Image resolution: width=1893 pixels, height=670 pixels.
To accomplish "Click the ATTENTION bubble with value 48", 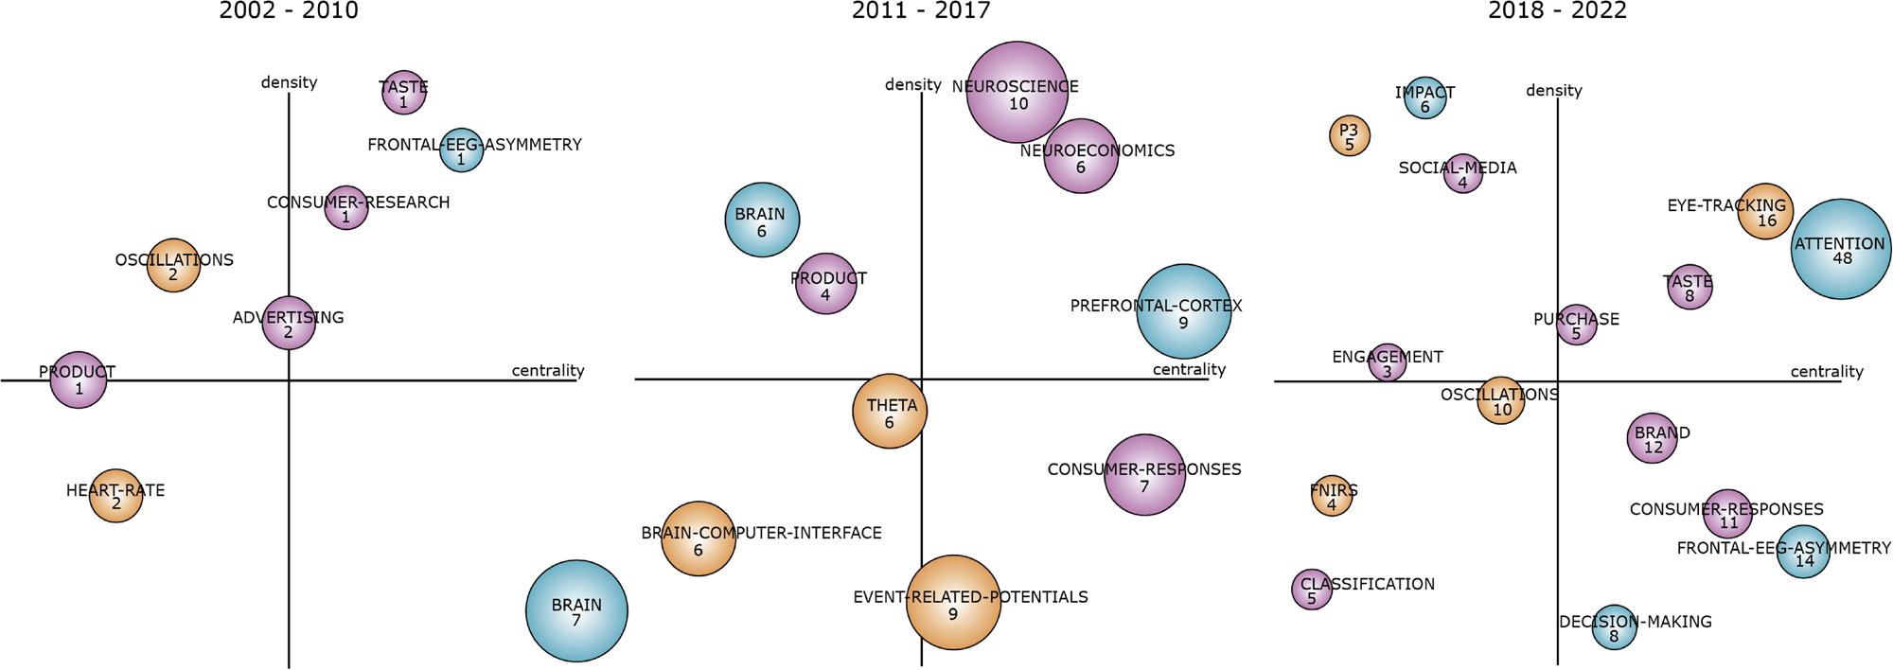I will pyautogui.click(x=1841, y=249).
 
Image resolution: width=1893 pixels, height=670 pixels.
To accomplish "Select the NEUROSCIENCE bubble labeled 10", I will pyautogui.click(x=1017, y=92).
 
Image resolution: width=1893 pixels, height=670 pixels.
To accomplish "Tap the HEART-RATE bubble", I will pyautogui.click(x=116, y=495).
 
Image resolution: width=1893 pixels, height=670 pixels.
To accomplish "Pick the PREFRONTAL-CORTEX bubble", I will pyautogui.click(x=1183, y=310).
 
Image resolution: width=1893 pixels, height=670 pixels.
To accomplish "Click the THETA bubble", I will pyautogui.click(x=890, y=412).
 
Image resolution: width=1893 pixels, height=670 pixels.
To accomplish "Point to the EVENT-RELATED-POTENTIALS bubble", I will pyautogui.click(x=953, y=602).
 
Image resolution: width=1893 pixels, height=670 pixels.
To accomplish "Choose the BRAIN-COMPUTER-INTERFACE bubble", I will pyautogui.click(x=699, y=538).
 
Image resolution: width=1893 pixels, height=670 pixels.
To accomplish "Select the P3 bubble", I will pyautogui.click(x=1350, y=136).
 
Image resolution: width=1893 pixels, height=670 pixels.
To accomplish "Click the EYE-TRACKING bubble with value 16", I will pyautogui.click(x=1765, y=211).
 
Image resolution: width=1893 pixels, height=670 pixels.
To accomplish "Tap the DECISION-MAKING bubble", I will pyautogui.click(x=1614, y=626).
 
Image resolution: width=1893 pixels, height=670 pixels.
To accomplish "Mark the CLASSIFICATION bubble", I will pyautogui.click(x=1312, y=590).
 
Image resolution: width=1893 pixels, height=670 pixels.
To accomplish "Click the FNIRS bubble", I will pyautogui.click(x=1332, y=496).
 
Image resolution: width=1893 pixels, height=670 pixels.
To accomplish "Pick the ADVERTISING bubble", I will pyautogui.click(x=289, y=323).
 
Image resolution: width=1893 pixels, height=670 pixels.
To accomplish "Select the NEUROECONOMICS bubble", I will pyautogui.click(x=1081, y=156).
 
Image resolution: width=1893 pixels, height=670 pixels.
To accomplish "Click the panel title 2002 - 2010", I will pyautogui.click(x=289, y=11).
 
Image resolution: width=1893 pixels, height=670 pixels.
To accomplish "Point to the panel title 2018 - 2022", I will pyautogui.click(x=1557, y=11).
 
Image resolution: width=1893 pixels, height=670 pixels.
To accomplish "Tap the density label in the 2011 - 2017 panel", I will pyautogui.click(x=912, y=85).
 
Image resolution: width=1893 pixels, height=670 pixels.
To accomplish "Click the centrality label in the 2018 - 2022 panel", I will pyautogui.click(x=1826, y=372).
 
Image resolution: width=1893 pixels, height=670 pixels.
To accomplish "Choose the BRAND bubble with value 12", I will pyautogui.click(x=1653, y=438).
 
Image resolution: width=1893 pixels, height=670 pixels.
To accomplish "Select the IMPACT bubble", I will pyautogui.click(x=1425, y=97).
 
